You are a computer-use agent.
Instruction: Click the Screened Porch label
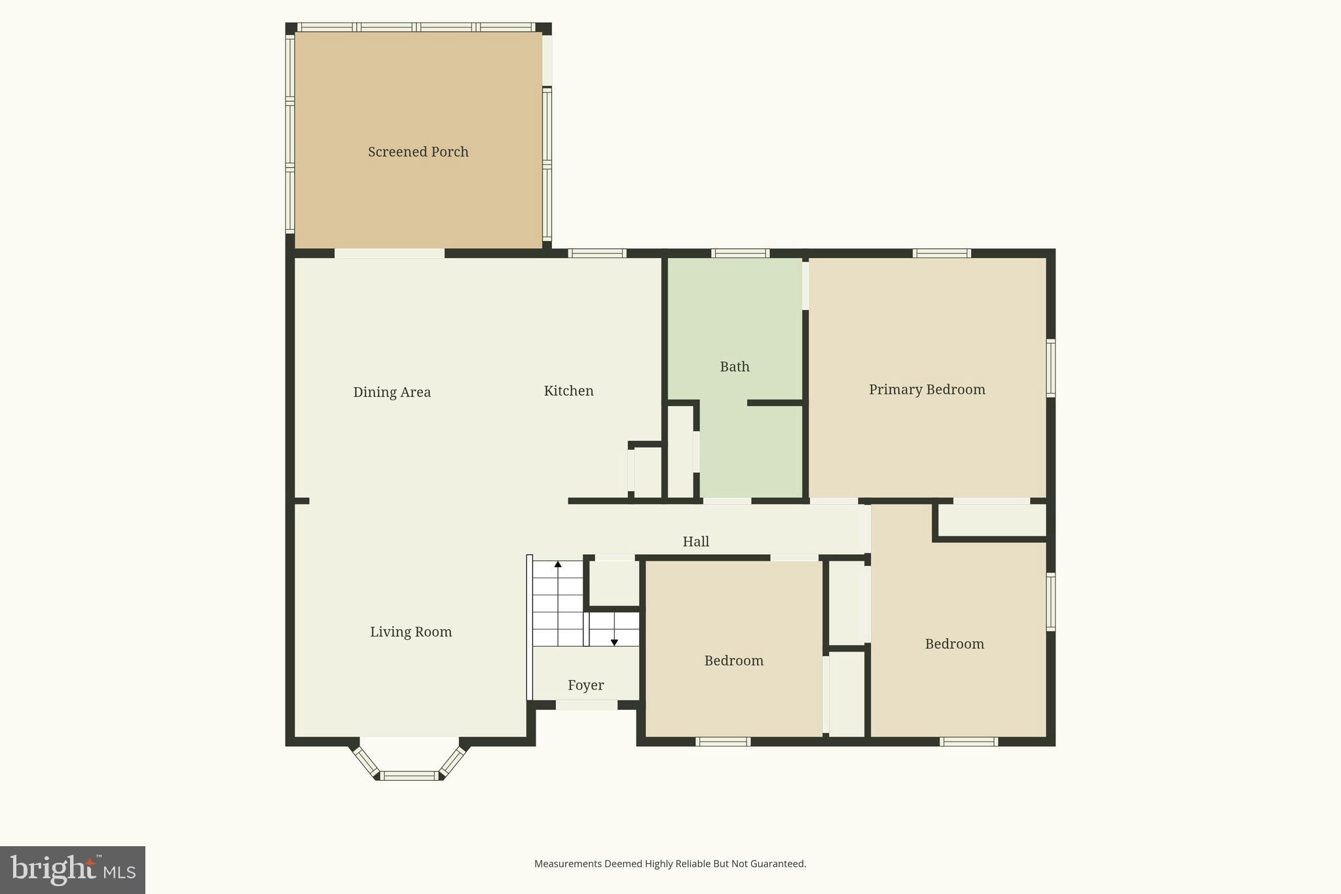click(418, 152)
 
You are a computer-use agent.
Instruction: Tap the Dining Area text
click(392, 392)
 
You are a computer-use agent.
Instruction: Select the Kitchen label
click(568, 391)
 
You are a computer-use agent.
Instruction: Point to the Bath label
click(734, 367)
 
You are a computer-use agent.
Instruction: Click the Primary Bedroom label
click(927, 390)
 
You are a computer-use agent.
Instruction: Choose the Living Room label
click(411, 632)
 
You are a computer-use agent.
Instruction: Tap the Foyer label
click(585, 685)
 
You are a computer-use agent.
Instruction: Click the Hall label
click(695, 542)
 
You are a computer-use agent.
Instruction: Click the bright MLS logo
click(72, 870)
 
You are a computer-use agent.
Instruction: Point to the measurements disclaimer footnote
click(670, 864)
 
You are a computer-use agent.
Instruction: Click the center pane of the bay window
click(410, 776)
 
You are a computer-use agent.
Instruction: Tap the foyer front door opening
click(586, 705)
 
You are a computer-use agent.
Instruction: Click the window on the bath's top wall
click(740, 253)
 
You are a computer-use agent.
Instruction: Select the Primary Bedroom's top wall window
click(941, 253)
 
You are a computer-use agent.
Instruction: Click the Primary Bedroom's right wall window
click(1050, 368)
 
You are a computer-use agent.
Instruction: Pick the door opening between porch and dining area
click(390, 253)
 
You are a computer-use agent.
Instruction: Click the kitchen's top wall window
click(597, 253)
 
